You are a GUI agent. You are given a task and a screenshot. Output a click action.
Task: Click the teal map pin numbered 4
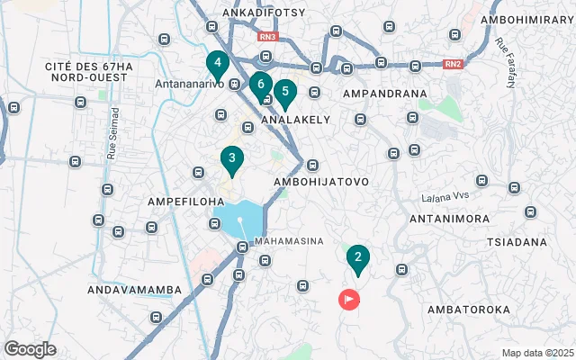(216, 64)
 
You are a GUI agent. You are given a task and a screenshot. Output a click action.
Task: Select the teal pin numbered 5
(284, 92)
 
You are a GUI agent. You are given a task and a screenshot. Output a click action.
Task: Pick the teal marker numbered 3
(231, 160)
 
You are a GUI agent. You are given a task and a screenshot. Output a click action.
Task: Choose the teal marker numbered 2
(357, 258)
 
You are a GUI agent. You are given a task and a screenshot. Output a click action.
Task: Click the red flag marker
(348, 299)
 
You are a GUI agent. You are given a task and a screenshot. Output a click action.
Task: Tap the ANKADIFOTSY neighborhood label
(264, 13)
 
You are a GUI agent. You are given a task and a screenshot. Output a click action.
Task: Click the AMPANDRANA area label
(382, 93)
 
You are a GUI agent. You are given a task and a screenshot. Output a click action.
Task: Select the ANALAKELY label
(295, 119)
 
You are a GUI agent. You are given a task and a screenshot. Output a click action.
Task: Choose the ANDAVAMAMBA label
(134, 290)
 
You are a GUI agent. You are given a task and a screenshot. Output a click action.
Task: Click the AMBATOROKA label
(468, 309)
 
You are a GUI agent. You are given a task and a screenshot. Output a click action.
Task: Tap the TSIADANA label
(517, 243)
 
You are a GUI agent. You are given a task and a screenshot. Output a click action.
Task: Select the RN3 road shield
(267, 37)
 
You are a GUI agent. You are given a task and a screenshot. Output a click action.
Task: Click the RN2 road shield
(454, 64)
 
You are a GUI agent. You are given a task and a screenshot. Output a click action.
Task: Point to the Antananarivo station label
(188, 85)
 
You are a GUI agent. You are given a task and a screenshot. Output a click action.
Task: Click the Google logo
(30, 348)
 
